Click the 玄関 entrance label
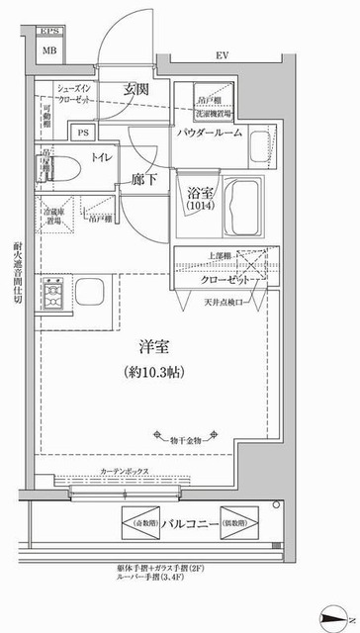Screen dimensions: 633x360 pyautogui.click(x=135, y=89)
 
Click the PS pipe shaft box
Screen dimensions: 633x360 pyautogui.click(x=84, y=131)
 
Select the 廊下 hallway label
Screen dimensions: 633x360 pyautogui.click(x=143, y=182)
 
